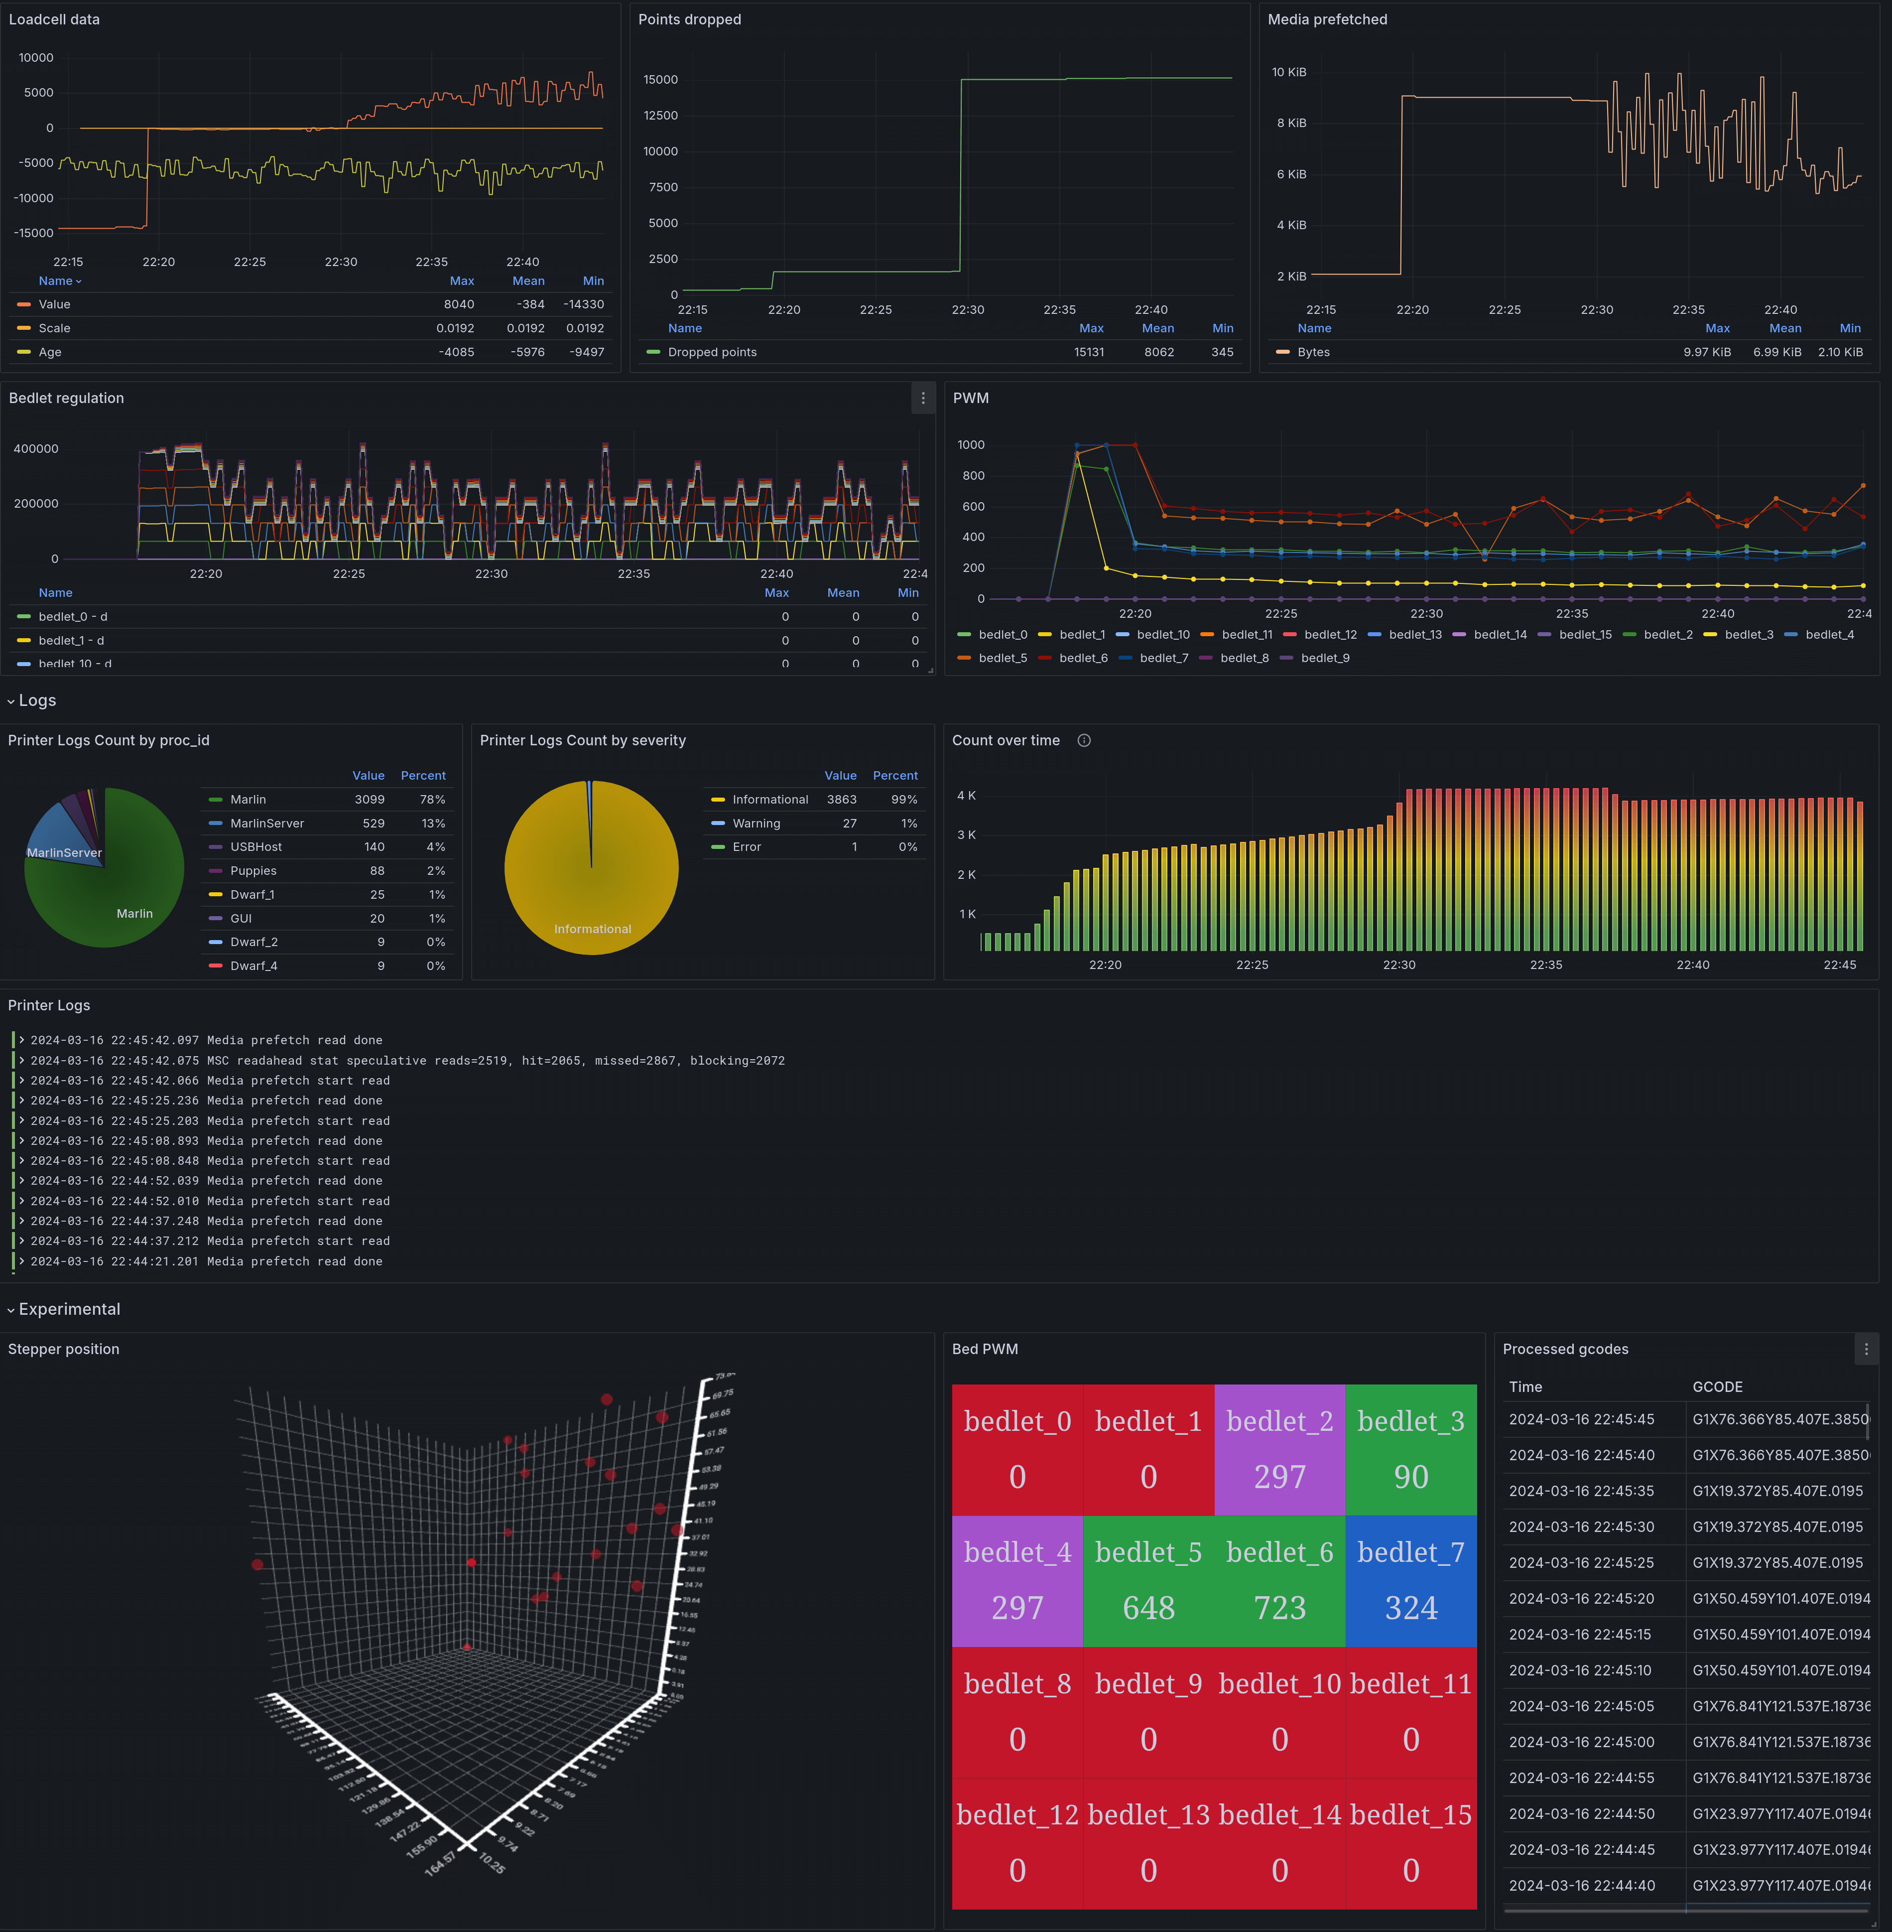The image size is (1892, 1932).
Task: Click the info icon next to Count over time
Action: point(1084,740)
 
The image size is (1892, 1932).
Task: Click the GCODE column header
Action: point(1717,1386)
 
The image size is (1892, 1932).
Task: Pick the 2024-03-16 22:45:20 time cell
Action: point(1581,1598)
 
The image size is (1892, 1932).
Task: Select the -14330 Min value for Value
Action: point(583,304)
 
